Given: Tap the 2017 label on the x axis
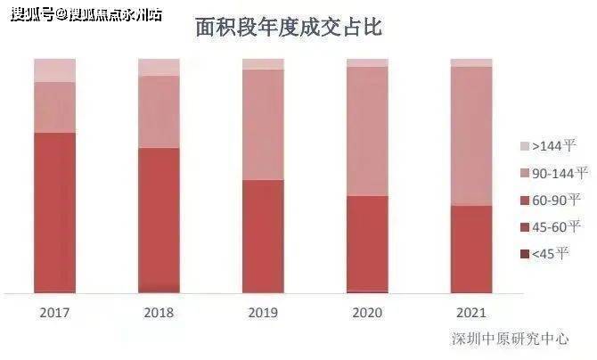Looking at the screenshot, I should (x=55, y=313).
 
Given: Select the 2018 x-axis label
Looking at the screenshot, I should (x=159, y=313).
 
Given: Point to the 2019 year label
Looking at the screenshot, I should (x=263, y=313).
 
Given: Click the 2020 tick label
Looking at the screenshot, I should (x=367, y=313).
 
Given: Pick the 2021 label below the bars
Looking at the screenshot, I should (x=470, y=313).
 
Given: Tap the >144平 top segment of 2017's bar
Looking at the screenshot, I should (x=55, y=70).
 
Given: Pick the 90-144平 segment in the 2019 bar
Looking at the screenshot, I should (x=263, y=124).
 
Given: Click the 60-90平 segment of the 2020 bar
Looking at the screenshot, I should (x=367, y=242).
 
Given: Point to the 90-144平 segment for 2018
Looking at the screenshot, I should (x=159, y=111).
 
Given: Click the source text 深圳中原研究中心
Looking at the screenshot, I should (x=510, y=339).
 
